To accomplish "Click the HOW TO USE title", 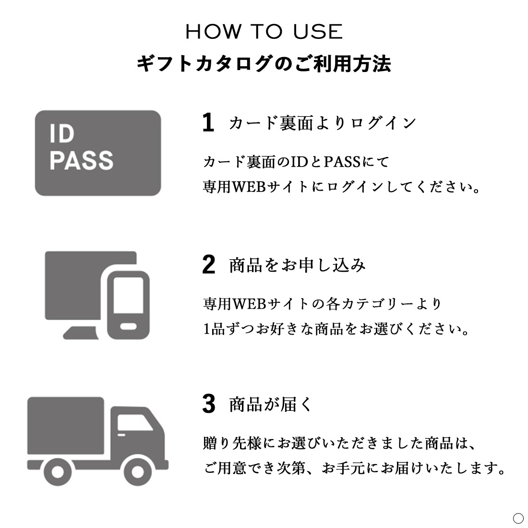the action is tap(264, 32).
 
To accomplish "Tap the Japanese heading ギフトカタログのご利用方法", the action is tap(264, 64).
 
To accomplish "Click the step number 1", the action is tap(208, 122).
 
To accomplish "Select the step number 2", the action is tap(209, 264).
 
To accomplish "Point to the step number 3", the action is tap(209, 404).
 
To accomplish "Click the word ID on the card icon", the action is tap(62, 133).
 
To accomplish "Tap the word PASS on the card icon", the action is tap(82, 160).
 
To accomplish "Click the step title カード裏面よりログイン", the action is tap(323, 123).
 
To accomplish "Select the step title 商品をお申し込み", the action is tap(297, 265).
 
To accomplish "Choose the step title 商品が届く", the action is tap(271, 404).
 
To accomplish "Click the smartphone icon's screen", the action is tap(128, 295).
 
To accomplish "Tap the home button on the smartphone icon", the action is tap(128, 326).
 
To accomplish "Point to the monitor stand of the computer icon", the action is tap(80, 333).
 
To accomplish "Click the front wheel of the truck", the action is tap(137, 471).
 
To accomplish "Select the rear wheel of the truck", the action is tap(58, 471).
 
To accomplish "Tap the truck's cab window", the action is tap(134, 422).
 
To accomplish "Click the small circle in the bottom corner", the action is tap(518, 518).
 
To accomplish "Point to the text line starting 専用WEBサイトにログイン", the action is tap(341, 187).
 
